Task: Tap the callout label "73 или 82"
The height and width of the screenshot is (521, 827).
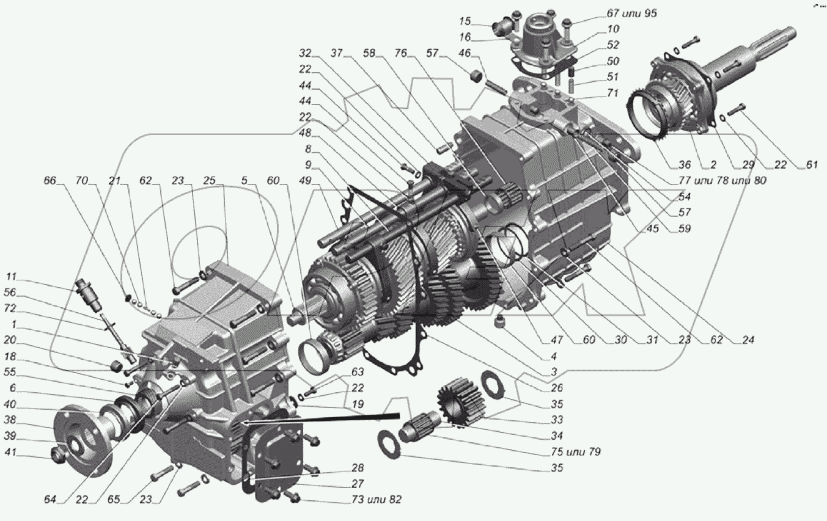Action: tap(377, 500)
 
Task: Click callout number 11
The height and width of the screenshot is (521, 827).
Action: tap(12, 275)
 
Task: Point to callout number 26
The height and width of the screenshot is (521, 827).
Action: tap(556, 388)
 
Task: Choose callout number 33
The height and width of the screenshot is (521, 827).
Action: tap(557, 420)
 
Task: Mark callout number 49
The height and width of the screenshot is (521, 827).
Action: tap(304, 181)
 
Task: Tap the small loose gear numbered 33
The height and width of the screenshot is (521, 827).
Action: tap(458, 399)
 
